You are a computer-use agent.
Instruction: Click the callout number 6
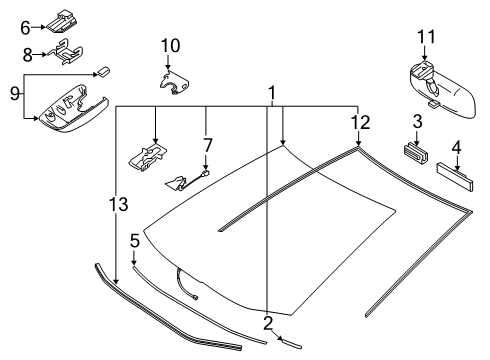26,28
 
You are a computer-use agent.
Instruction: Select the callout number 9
14,95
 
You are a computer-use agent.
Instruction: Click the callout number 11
425,37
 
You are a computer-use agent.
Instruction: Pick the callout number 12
360,122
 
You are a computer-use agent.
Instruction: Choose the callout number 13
117,206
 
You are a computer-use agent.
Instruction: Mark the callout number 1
270,93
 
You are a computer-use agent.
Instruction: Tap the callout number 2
268,322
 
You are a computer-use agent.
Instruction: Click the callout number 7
207,146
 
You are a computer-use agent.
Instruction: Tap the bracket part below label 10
175,84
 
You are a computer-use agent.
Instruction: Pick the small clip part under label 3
413,152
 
